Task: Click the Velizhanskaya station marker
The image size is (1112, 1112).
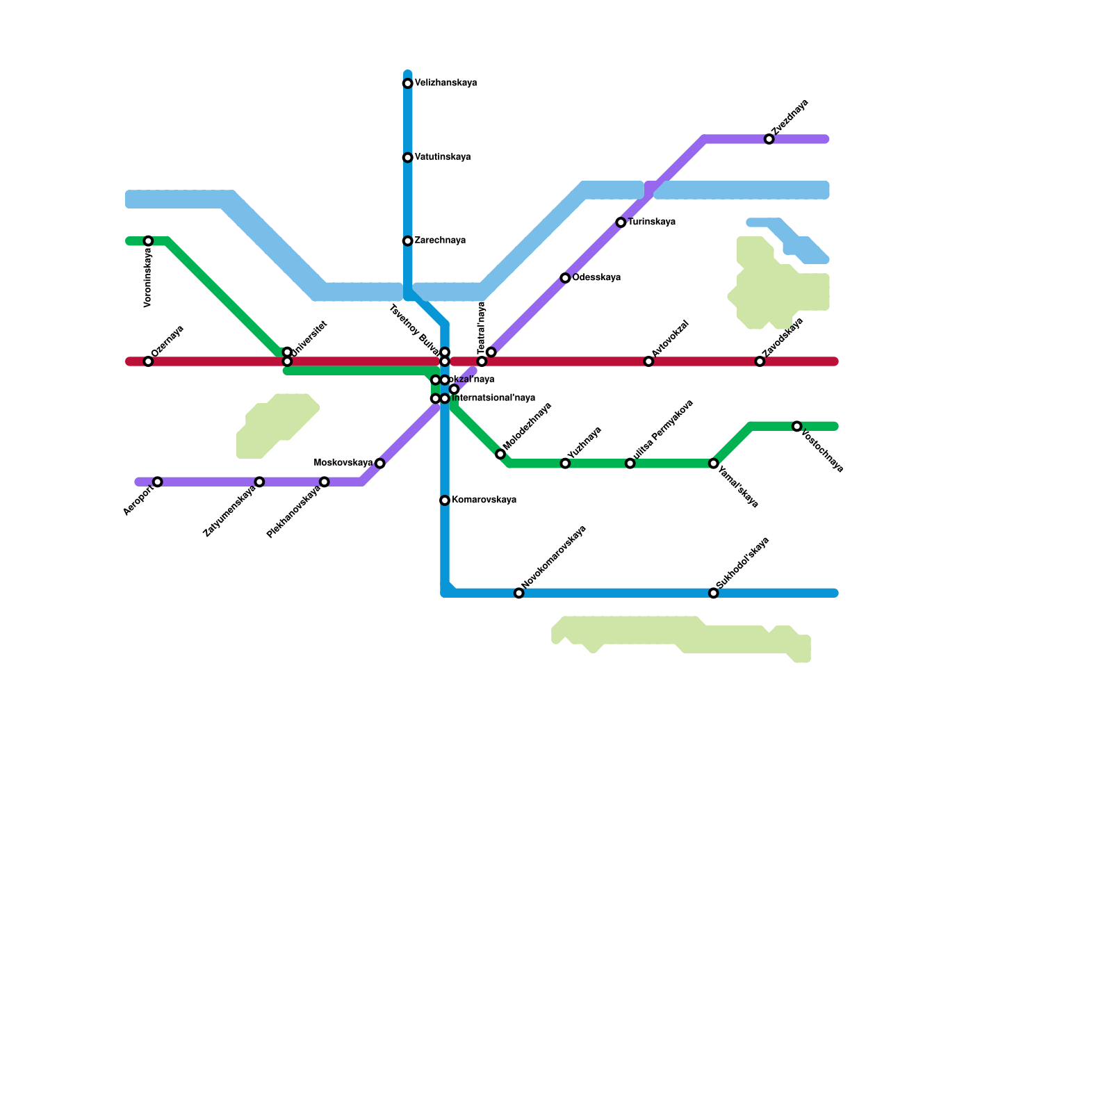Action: click(x=408, y=84)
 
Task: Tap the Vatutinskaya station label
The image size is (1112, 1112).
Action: click(x=442, y=158)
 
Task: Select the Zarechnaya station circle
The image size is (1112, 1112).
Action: click(x=408, y=241)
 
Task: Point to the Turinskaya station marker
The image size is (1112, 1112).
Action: click(x=621, y=222)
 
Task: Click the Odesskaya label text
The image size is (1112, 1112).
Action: click(x=596, y=278)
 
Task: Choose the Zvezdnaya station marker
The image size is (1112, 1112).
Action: click(x=769, y=140)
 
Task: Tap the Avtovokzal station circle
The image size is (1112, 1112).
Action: click(x=648, y=361)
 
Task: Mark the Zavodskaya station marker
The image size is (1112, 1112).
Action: click(x=760, y=361)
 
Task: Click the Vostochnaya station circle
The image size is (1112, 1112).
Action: click(x=797, y=426)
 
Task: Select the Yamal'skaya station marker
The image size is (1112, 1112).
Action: click(x=713, y=464)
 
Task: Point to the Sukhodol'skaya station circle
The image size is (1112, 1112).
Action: click(x=713, y=593)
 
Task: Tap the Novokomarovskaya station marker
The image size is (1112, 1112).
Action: click(x=518, y=593)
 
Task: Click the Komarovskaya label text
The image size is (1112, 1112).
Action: click(x=483, y=500)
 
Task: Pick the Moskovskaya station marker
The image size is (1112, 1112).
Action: click(x=379, y=464)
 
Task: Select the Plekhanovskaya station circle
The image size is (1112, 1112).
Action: click(x=324, y=482)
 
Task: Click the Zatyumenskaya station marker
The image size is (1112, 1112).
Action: click(x=259, y=482)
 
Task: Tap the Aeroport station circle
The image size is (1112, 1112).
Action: click(x=158, y=482)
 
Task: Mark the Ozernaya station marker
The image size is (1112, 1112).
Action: click(x=148, y=361)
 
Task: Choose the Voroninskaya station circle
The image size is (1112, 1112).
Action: click(x=148, y=241)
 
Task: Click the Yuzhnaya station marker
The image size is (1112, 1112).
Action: click(x=565, y=464)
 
